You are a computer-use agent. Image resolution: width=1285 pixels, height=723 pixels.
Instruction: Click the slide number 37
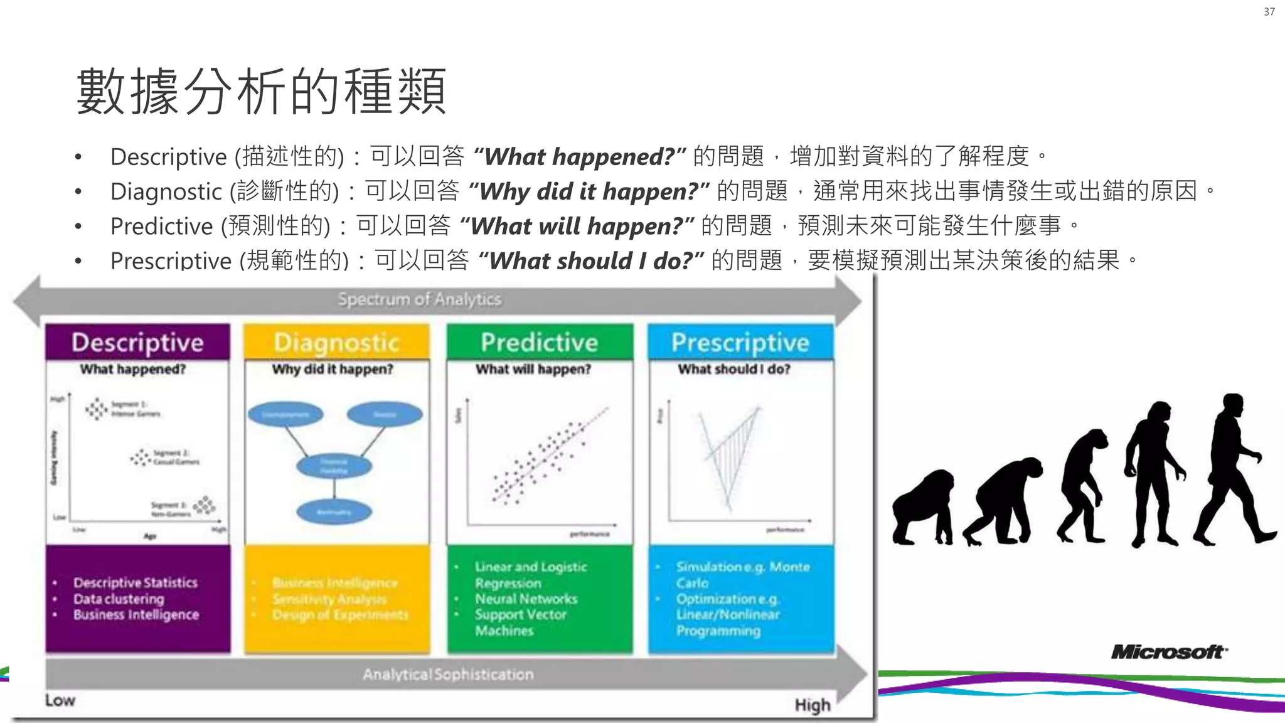coord(1269,12)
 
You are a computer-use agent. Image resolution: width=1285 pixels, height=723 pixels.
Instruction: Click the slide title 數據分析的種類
coord(261,92)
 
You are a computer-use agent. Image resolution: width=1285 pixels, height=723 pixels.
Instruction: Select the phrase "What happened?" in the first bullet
coord(579,156)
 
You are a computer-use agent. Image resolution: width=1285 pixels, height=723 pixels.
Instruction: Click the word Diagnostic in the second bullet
coord(166,191)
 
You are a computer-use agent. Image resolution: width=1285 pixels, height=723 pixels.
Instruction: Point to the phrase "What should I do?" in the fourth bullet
coord(590,260)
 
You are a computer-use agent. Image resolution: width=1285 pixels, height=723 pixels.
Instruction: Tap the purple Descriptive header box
coord(137,342)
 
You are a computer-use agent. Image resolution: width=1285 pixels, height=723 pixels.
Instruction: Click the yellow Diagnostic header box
coord(337,342)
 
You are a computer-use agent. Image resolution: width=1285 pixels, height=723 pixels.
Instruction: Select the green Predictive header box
coord(539,342)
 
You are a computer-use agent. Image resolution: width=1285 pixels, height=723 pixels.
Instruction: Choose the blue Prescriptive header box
coord(740,342)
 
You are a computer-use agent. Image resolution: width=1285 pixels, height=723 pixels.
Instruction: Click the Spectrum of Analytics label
coord(419,299)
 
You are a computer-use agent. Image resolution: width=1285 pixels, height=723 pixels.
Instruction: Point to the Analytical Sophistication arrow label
coord(448,674)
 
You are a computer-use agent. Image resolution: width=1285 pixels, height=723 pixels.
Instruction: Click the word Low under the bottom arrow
coord(60,700)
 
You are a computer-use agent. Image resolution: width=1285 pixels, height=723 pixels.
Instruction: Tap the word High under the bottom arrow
coord(812,705)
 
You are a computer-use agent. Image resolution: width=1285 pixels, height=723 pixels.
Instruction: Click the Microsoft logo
coord(1169,652)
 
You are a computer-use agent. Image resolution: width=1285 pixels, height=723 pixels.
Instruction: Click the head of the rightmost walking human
coord(1233,404)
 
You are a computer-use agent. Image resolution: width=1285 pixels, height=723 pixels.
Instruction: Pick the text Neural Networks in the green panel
coord(526,599)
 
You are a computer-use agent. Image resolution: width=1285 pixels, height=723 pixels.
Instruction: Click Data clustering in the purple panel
coord(119,599)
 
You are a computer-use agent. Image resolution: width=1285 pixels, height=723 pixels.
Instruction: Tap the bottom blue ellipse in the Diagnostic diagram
coord(334,511)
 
